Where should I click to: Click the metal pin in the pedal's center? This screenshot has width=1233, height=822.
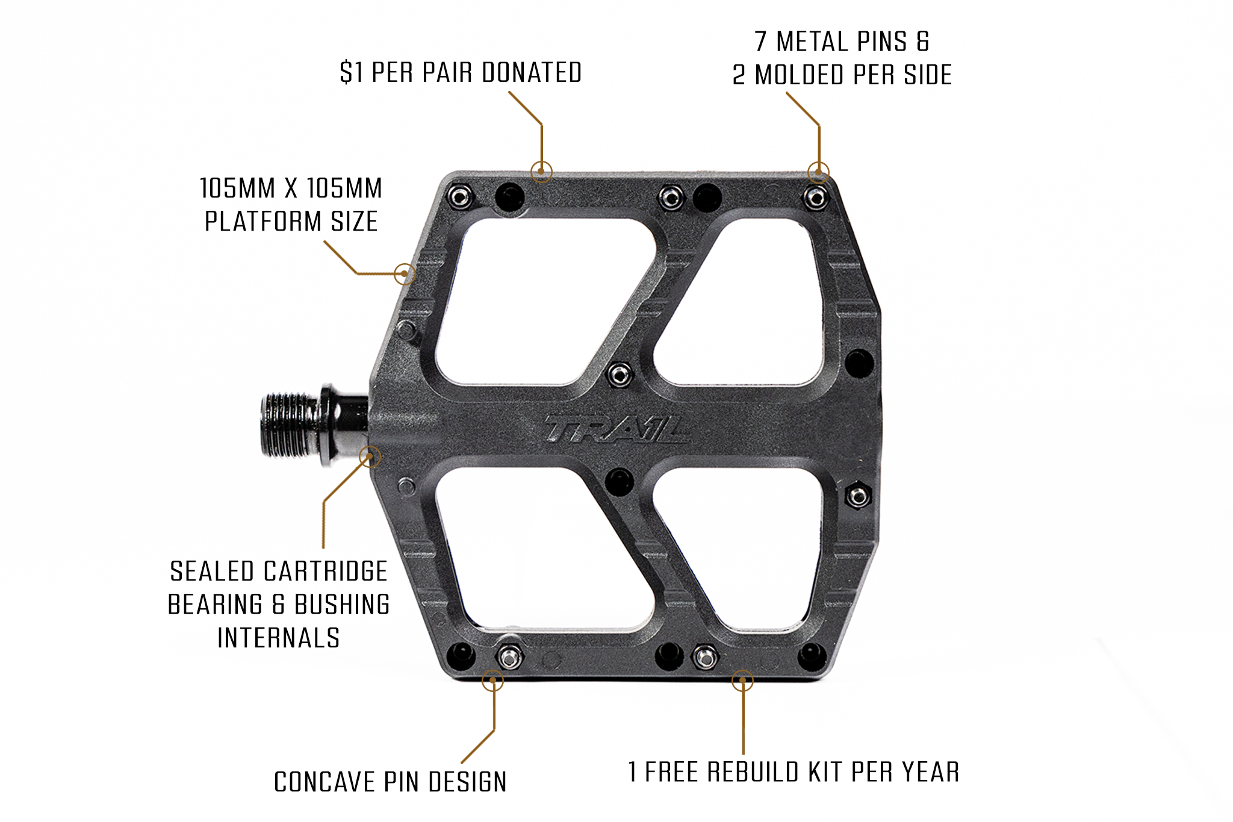tap(619, 375)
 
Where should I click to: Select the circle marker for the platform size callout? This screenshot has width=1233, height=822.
tap(405, 274)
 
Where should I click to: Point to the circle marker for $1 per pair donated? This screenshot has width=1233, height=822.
tap(541, 172)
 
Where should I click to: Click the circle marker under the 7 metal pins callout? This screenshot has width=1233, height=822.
tap(818, 173)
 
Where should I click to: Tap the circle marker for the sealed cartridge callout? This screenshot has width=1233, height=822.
tap(370, 456)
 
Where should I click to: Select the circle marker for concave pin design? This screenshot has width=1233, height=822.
tap(492, 680)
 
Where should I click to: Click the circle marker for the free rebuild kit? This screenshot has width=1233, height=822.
tap(742, 680)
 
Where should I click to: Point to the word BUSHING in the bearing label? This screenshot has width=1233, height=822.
tap(342, 605)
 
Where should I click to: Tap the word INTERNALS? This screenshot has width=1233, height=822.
tap(279, 638)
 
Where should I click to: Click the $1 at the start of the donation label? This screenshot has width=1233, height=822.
tap(351, 73)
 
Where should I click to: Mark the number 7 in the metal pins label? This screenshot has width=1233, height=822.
tap(761, 42)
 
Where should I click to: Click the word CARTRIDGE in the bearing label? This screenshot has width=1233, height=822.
tap(326, 571)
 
